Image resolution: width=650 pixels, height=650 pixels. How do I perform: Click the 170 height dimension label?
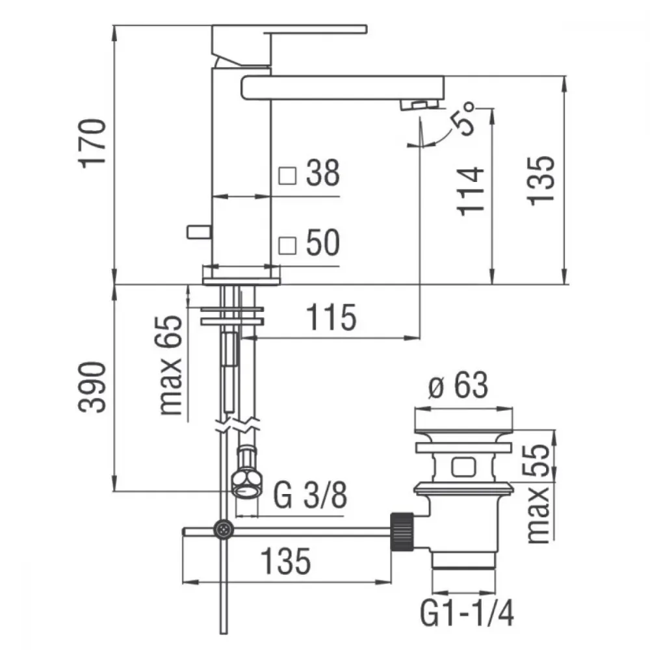pyautogui.click(x=92, y=144)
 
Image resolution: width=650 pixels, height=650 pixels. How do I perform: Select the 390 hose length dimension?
pyautogui.click(x=92, y=387)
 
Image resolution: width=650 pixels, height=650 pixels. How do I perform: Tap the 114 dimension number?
pyautogui.click(x=471, y=192)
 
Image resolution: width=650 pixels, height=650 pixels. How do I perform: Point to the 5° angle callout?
pyautogui.click(x=461, y=119)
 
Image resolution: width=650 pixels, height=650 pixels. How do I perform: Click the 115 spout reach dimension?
pyautogui.click(x=331, y=318)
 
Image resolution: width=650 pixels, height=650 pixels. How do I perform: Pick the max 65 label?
pyautogui.click(x=169, y=365)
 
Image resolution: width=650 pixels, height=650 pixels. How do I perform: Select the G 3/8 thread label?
pyautogui.click(x=310, y=495)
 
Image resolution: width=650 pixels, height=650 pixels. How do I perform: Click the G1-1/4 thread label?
pyautogui.click(x=467, y=614)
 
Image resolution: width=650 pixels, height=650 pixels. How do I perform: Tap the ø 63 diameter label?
pyautogui.click(x=458, y=385)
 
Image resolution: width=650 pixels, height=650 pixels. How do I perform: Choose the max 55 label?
pyautogui.click(x=538, y=493)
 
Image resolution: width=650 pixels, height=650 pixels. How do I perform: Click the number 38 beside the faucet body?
pyautogui.click(x=323, y=172)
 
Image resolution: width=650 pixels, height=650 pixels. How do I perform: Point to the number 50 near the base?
pyautogui.click(x=323, y=242)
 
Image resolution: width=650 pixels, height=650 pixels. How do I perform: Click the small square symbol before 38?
pyautogui.click(x=287, y=175)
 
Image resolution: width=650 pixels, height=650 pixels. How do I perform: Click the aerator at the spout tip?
pyautogui.click(x=419, y=105)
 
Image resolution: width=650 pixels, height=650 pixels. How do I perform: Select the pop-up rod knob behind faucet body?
pyautogui.click(x=200, y=232)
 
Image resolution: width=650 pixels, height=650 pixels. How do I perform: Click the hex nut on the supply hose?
pyautogui.click(x=246, y=484)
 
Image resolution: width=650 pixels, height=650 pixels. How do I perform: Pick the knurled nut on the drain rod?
pyautogui.click(x=401, y=532)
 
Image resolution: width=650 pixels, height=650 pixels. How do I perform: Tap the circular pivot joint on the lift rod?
pyautogui.click(x=224, y=529)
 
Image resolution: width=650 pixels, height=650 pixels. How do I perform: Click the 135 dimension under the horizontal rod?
pyautogui.click(x=285, y=562)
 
